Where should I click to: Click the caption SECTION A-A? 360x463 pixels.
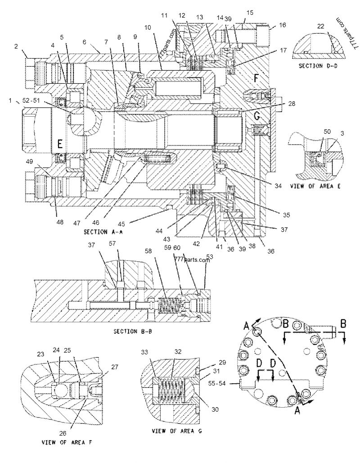click(x=103, y=232)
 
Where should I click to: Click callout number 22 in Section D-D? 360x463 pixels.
click(x=320, y=27)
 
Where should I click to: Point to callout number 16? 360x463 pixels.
click(x=283, y=26)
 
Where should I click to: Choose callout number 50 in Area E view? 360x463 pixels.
click(x=327, y=131)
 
